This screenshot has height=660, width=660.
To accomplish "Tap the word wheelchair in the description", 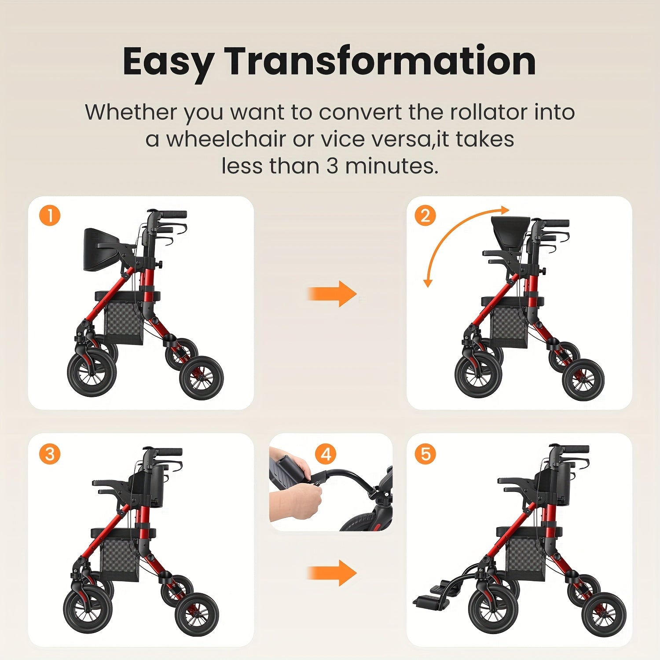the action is click(x=226, y=139).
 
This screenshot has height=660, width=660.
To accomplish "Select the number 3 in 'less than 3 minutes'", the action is click(x=332, y=166).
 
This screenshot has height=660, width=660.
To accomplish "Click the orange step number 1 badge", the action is click(x=50, y=216).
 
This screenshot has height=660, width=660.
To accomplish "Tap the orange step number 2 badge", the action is click(x=425, y=216).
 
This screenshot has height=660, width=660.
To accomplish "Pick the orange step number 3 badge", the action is click(x=50, y=454).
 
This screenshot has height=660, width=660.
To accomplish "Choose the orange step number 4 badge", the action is click(x=326, y=454).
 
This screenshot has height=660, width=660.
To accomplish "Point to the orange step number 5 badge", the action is click(x=425, y=454).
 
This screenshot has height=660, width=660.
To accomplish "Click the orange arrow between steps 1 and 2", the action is click(x=332, y=293).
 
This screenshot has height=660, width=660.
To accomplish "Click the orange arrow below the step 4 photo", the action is click(x=332, y=573).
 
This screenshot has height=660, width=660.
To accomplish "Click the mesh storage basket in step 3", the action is click(x=119, y=556).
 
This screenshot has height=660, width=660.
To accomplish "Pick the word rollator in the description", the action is click(x=488, y=112).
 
